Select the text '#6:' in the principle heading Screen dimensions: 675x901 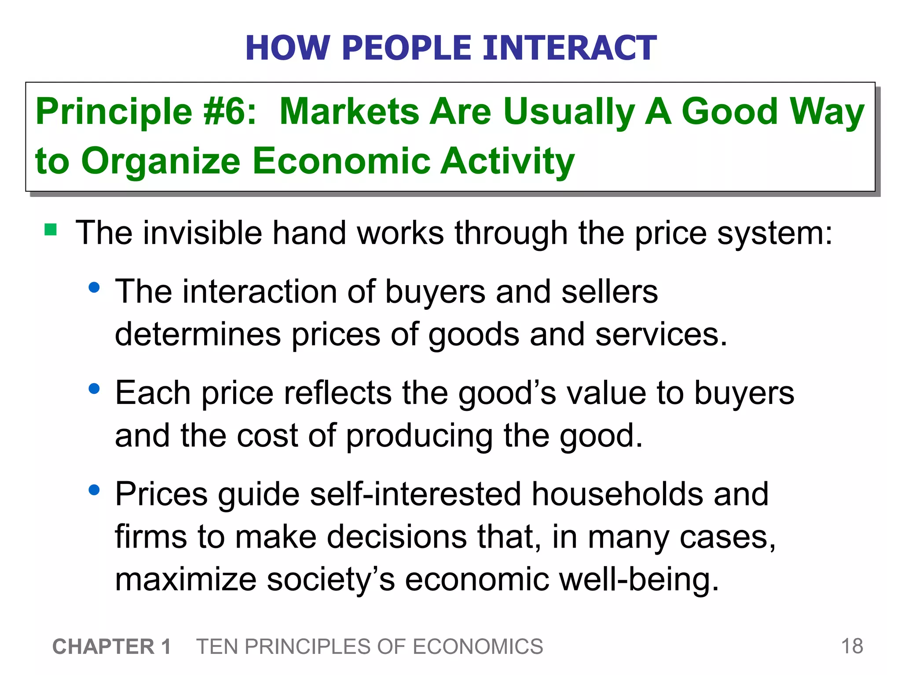coord(230,112)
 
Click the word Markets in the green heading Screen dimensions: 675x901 coord(350,112)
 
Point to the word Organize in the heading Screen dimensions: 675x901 coord(161,161)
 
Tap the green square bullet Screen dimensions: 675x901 coord(51,230)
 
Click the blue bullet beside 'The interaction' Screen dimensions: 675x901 coord(94,288)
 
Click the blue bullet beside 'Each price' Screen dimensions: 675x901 coord(94,389)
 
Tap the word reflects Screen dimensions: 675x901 coord(338,392)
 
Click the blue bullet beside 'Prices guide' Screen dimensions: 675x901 coord(94,490)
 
